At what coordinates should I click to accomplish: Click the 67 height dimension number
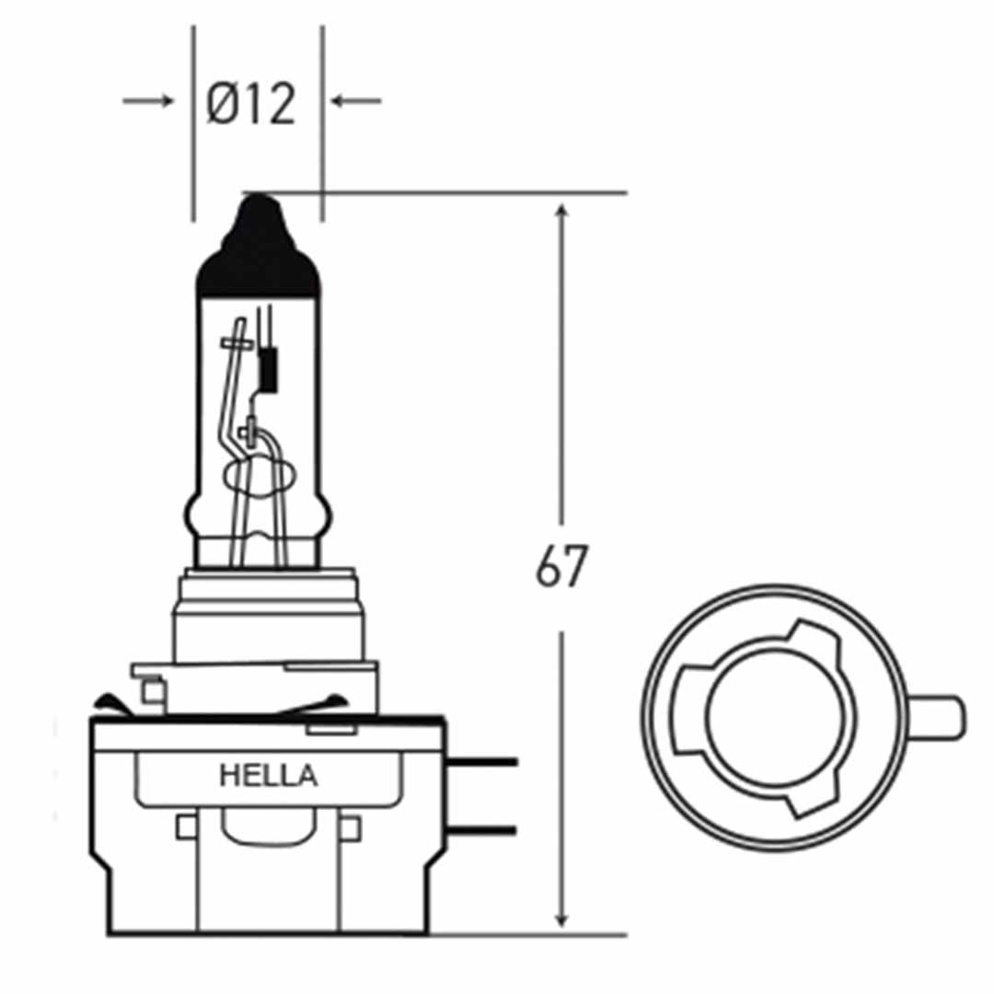pyautogui.click(x=561, y=568)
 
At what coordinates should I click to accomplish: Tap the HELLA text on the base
pyautogui.click(x=268, y=776)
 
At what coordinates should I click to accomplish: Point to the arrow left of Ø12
pyautogui.click(x=148, y=100)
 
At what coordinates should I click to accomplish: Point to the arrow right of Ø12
pyautogui.click(x=356, y=100)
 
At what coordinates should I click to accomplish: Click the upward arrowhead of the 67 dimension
pyautogui.click(x=562, y=216)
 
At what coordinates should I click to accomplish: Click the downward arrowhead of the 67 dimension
pyautogui.click(x=562, y=916)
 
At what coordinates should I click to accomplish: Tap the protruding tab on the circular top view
pyautogui.click(x=939, y=717)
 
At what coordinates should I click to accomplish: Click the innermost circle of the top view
pyautogui.click(x=773, y=717)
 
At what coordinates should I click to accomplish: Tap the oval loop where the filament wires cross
pyautogui.click(x=259, y=478)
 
